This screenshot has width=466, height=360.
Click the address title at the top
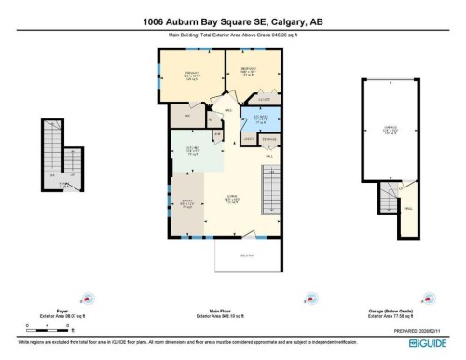click(x=232, y=22)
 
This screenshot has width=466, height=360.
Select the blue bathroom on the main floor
click(x=260, y=120)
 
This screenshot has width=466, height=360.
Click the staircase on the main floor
click(x=267, y=195)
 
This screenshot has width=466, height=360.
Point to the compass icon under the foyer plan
click(x=88, y=300)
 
